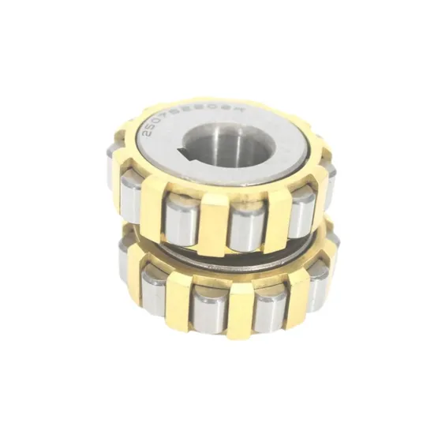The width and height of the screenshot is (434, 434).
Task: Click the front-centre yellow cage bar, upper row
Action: click(213, 221)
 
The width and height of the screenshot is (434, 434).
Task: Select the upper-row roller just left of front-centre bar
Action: click(181, 216)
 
